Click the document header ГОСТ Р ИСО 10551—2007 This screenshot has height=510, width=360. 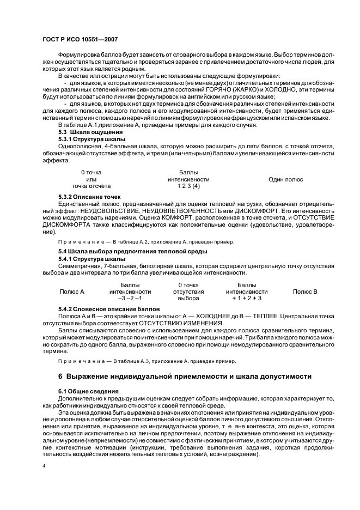80,40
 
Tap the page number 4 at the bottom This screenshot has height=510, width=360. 44,467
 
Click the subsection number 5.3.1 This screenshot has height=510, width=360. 65,139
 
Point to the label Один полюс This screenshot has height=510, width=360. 285,179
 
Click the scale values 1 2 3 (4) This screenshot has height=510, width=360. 188,186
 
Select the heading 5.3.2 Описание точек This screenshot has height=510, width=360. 89,197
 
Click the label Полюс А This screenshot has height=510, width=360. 72,292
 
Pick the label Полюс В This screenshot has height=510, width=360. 305,292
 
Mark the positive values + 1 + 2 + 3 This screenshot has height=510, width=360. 247,299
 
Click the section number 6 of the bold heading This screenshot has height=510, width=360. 60,376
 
